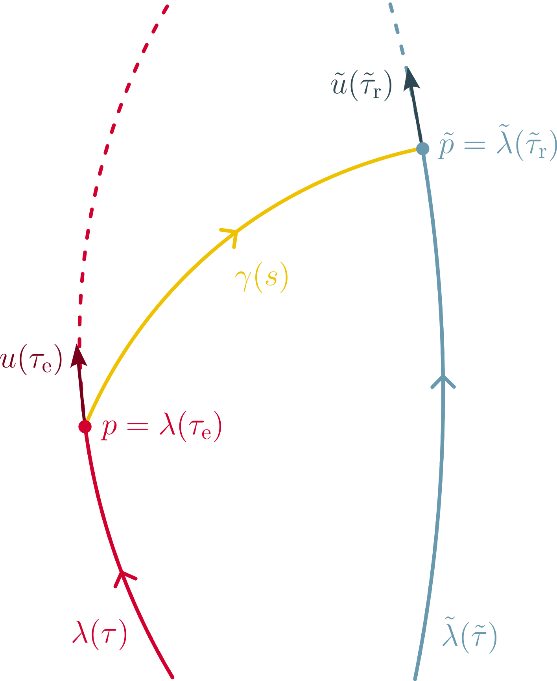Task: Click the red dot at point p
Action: (85, 426)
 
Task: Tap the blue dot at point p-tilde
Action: (422, 149)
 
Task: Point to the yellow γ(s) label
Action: (262, 277)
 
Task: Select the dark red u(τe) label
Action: (31, 360)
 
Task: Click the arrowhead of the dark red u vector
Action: (78, 355)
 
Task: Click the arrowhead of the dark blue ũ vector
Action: (411, 78)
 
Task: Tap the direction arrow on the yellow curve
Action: (231, 235)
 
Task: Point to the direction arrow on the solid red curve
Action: (124, 578)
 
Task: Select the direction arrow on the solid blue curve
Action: (443, 381)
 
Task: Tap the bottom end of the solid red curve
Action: (172, 677)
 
